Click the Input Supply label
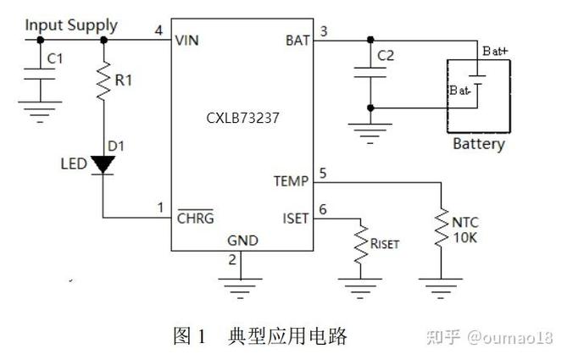point(71,25)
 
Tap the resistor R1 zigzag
point(103,81)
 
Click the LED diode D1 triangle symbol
point(103,163)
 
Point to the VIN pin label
point(188,40)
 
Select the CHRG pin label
point(195,217)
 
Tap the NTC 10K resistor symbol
point(441,227)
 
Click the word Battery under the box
point(478,144)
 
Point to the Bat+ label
point(495,51)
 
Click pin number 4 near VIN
point(159,31)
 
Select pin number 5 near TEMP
point(321,174)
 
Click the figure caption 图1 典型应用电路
point(260,336)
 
